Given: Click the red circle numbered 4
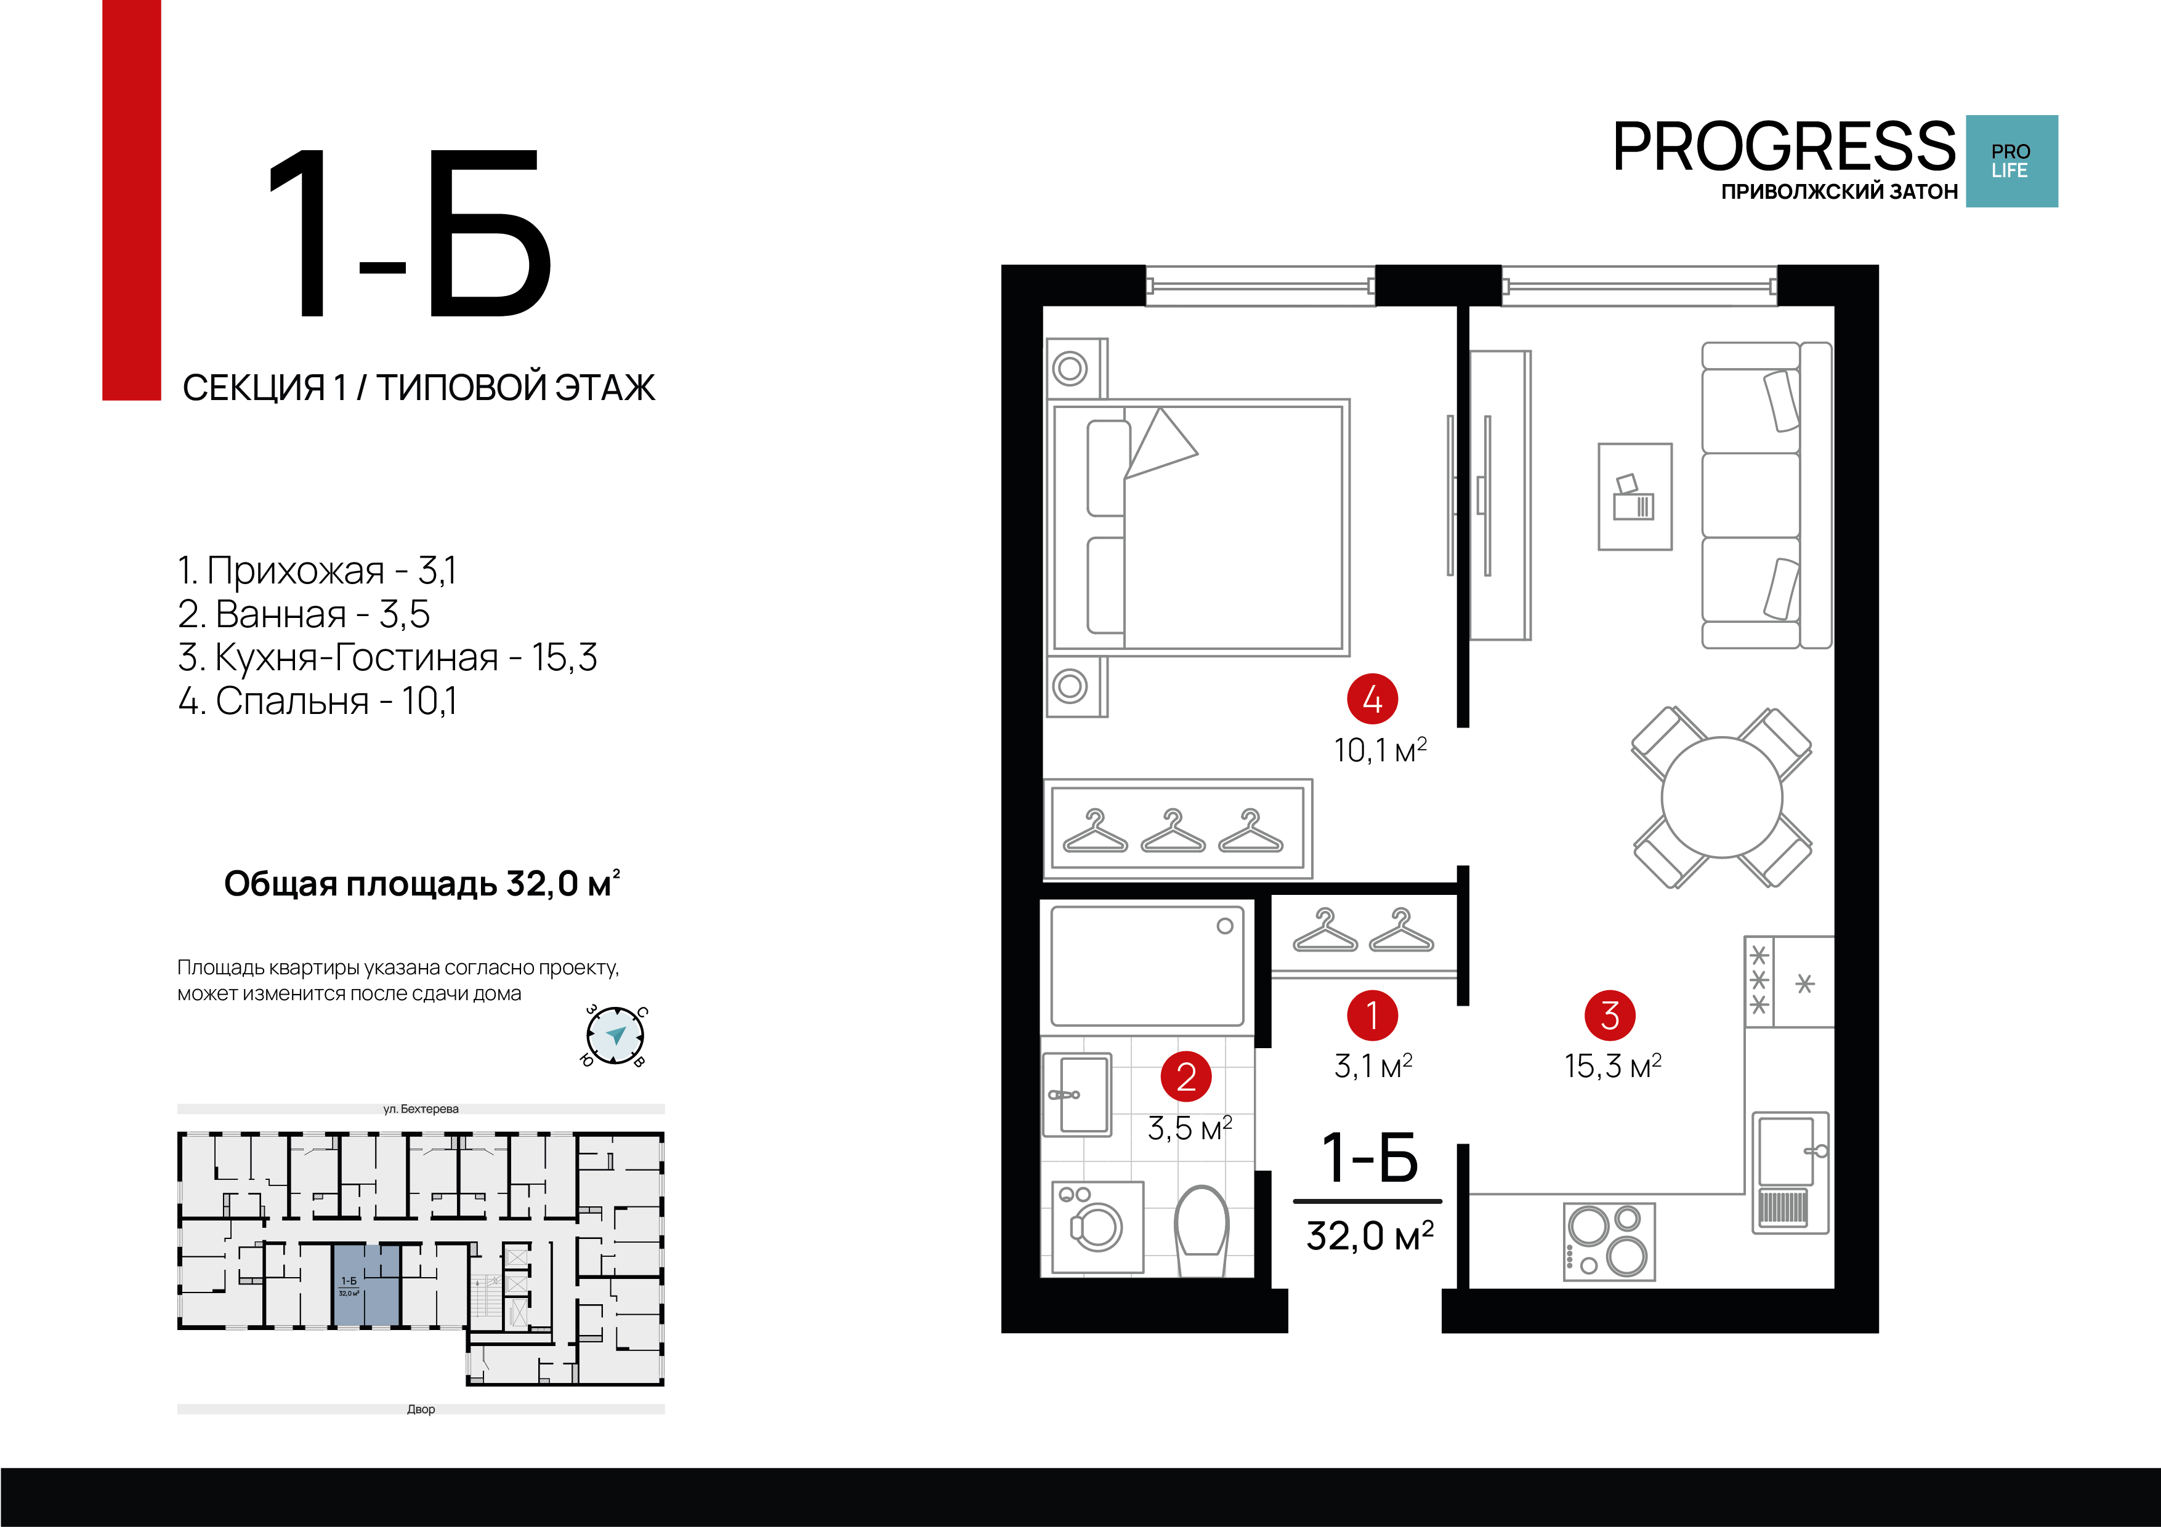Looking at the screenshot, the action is point(1372,699).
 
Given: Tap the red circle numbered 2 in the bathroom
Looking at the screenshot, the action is point(1186,1076).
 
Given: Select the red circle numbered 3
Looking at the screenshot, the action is point(1610,1015).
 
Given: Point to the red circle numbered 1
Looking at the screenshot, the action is point(1372,1015).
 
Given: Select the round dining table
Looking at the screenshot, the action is point(1721,798).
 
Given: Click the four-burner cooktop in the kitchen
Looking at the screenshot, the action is point(1609,1241).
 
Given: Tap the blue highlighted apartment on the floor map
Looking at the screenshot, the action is point(367,1285).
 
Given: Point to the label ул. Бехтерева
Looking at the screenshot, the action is point(421,1108).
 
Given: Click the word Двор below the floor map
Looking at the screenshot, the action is point(421,1409).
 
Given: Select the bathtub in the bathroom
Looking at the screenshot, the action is point(1147,966).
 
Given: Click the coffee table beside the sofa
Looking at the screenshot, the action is point(1635,497).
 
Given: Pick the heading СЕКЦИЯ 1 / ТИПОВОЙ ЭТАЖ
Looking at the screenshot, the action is point(419,387).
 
